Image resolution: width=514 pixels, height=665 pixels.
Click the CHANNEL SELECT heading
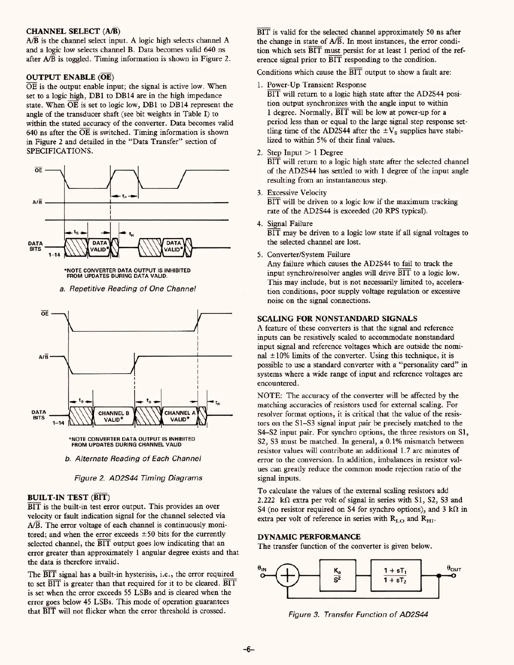(73, 32)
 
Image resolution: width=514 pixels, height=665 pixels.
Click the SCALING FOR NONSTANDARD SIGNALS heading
(337, 319)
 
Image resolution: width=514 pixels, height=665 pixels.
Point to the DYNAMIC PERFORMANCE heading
(309, 537)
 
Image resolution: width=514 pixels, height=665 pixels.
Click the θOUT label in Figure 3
(453, 568)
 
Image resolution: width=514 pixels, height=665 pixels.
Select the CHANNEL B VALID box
(113, 416)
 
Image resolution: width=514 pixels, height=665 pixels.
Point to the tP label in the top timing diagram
(124, 196)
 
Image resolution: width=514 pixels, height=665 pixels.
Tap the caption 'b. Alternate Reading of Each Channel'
(133, 459)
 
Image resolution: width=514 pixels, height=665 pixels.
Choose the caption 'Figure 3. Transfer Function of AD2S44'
(358, 614)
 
